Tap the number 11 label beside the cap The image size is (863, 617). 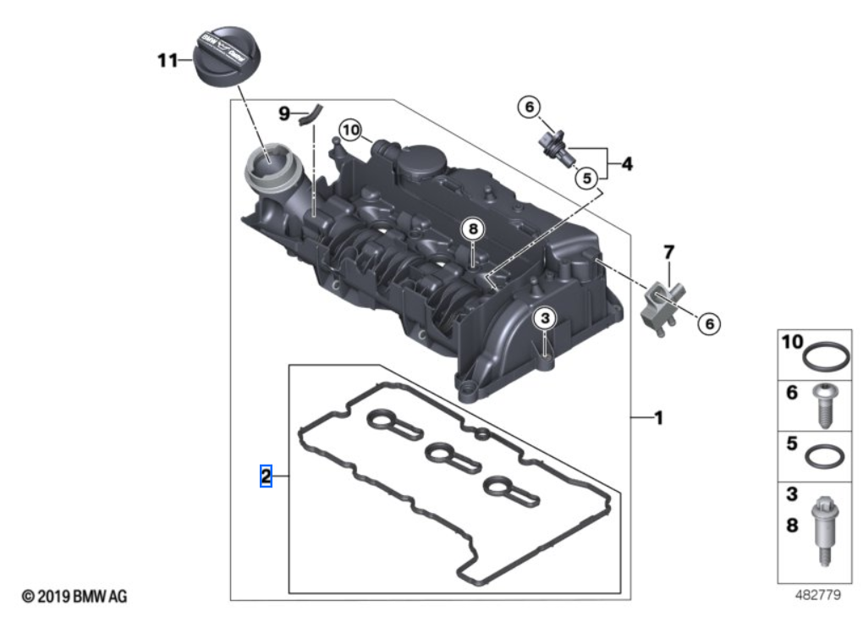coord(168,60)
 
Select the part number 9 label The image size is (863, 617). coord(284,112)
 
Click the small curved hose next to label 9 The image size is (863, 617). coord(312,111)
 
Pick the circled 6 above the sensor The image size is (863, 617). coord(529,107)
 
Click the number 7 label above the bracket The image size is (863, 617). coord(668,251)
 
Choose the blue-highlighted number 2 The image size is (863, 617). coord(266,477)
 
